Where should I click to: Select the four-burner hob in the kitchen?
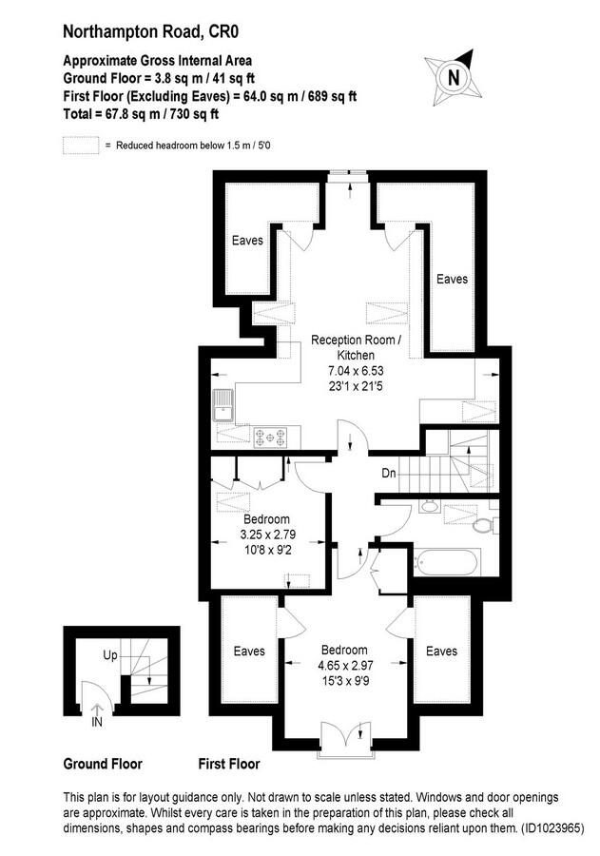(x=271, y=437)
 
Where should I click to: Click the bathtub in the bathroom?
(x=447, y=562)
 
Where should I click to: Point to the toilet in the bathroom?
(x=484, y=525)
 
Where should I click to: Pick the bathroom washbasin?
(x=430, y=506)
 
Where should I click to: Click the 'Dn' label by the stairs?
(x=389, y=473)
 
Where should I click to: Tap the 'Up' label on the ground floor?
(x=110, y=654)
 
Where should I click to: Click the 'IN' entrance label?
(x=97, y=723)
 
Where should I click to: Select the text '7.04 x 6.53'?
(x=356, y=371)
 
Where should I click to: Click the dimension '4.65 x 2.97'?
(x=345, y=666)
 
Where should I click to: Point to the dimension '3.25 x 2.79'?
(x=267, y=535)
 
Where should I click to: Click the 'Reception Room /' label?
(x=356, y=340)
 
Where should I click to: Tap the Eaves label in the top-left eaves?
(x=247, y=241)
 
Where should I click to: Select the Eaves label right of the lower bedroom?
(x=441, y=651)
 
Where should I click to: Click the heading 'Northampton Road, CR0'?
(x=150, y=31)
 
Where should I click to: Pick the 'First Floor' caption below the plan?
(x=229, y=764)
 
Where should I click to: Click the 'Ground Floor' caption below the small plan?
(x=103, y=764)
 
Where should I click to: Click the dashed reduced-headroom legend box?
(x=81, y=146)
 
